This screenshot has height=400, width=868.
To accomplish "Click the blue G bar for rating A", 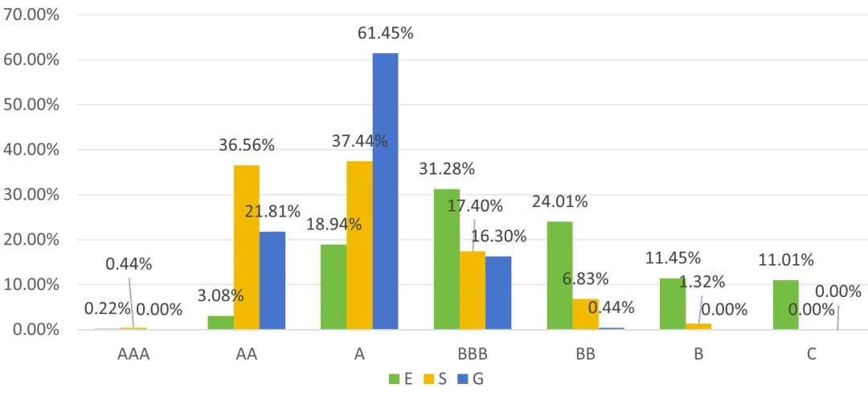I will tap(385, 191).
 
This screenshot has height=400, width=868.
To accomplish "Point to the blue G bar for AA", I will tap(272, 280).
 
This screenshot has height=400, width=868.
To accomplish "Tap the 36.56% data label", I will tap(247, 146).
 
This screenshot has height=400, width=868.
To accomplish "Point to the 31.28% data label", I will tap(447, 169).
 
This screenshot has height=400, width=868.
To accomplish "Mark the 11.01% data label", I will tap(785, 260).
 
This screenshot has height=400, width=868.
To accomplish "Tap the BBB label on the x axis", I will tap(473, 354).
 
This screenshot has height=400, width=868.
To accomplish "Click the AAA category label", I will tap(133, 354).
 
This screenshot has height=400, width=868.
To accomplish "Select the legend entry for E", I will tap(401, 379).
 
